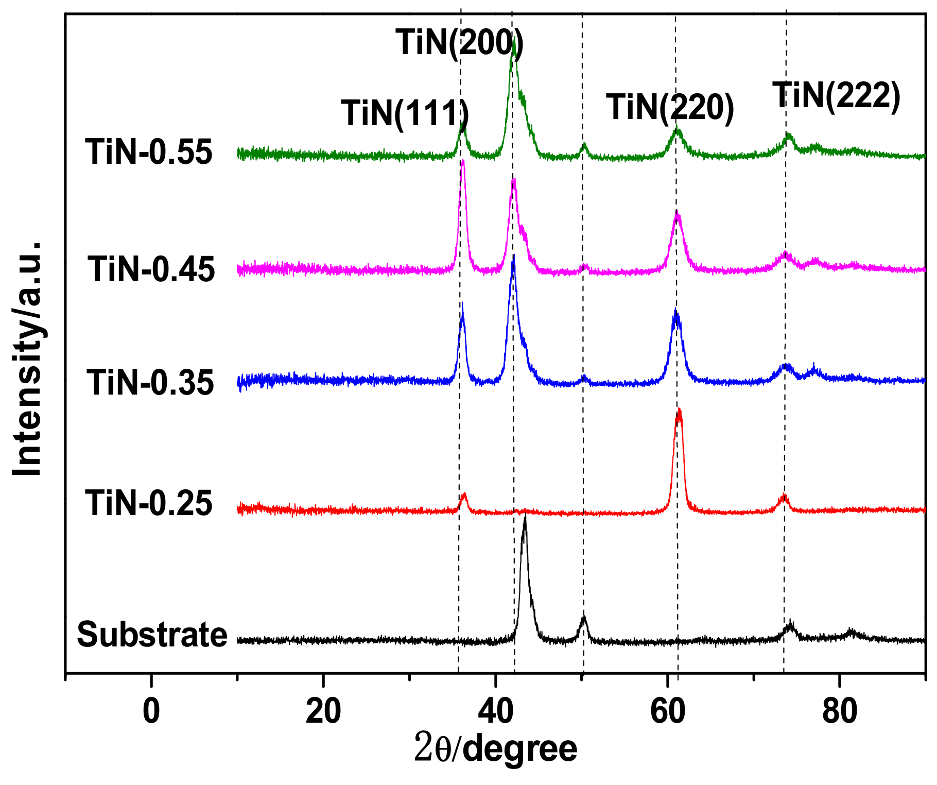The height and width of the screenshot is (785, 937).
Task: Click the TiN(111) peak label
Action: [x=405, y=113]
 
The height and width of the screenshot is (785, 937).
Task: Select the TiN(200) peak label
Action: [x=459, y=42]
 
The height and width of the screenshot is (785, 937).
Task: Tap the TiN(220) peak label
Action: [x=670, y=108]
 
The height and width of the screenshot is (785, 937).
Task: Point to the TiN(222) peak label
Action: [x=837, y=96]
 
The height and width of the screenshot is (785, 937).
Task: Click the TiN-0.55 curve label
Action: [x=149, y=152]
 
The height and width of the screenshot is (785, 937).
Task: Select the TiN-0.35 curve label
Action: [x=150, y=383]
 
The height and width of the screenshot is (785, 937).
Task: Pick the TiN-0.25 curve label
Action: [x=149, y=503]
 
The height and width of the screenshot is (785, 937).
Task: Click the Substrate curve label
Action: [x=152, y=634]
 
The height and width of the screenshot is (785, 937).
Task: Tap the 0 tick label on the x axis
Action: [x=151, y=711]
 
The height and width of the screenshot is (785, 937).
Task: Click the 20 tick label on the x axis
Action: [x=323, y=711]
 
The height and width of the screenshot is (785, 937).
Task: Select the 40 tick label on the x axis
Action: [x=495, y=711]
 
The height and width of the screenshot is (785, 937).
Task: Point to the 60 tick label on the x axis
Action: [x=668, y=711]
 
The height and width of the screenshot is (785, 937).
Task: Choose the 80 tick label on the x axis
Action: [x=840, y=711]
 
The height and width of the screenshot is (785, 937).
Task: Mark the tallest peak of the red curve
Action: [x=679, y=411]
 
